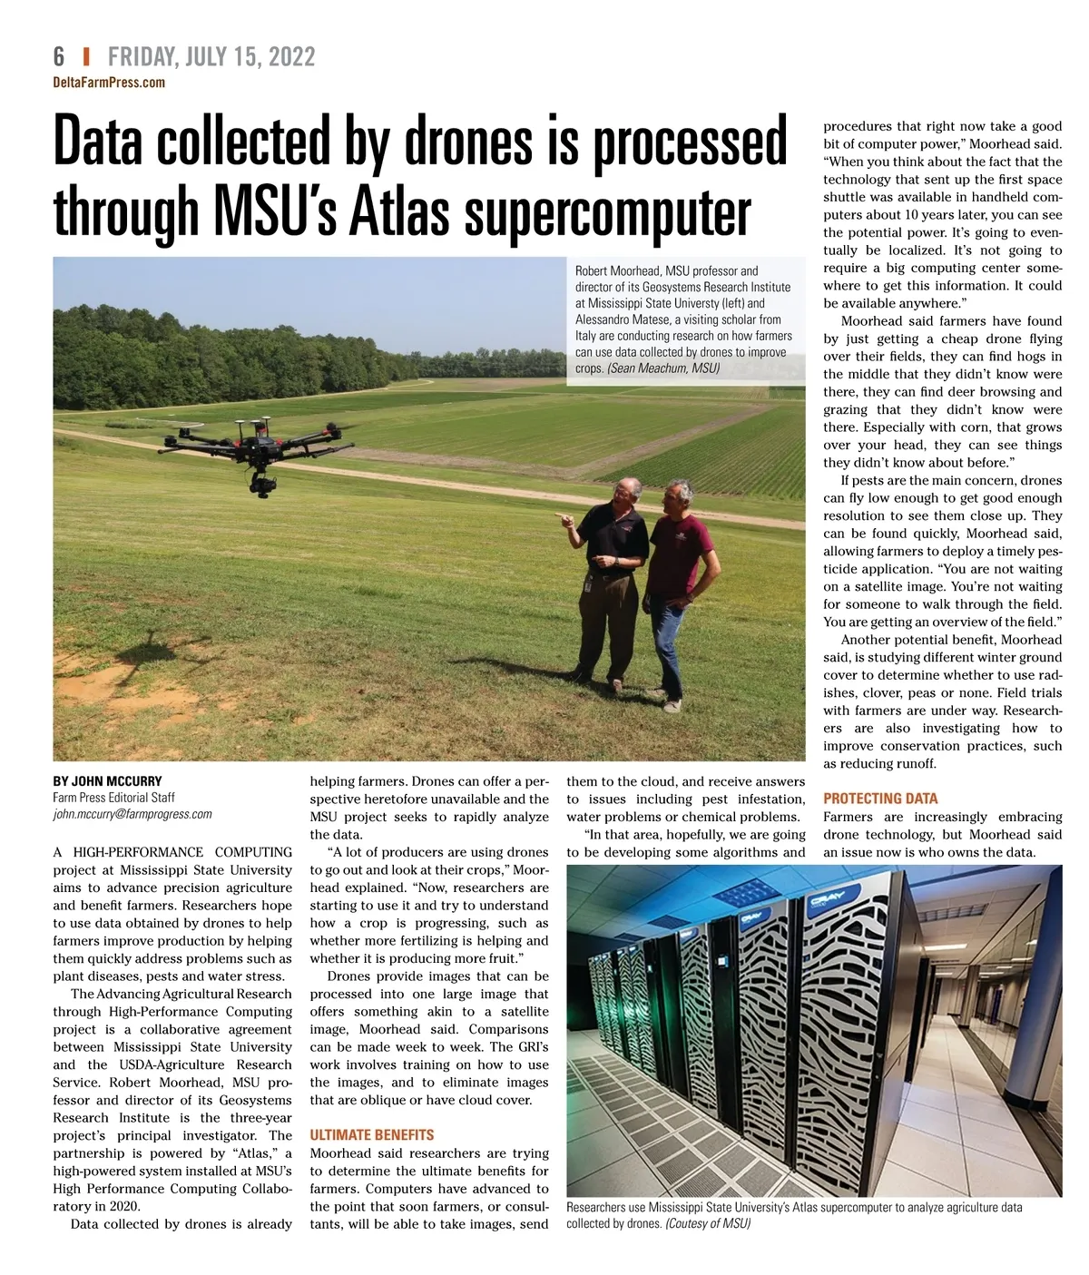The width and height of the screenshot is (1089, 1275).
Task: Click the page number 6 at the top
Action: point(59,57)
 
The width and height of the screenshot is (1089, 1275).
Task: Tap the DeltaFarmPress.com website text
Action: point(109,83)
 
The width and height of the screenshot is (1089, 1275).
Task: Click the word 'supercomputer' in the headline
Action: point(607,214)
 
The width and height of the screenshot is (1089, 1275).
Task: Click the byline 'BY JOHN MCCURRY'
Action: point(107,780)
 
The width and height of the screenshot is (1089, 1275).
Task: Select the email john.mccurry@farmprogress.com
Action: point(132,814)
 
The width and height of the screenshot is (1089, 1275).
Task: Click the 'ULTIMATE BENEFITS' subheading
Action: point(372,1134)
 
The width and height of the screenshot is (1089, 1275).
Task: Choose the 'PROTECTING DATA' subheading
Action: point(880,799)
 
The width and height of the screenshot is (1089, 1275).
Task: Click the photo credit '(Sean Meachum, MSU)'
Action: point(663,368)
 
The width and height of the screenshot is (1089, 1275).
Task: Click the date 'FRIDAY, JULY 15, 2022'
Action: point(211,57)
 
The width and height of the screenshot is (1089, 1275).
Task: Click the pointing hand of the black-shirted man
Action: point(564,520)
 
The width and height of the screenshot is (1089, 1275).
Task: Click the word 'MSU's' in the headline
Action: point(276,214)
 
